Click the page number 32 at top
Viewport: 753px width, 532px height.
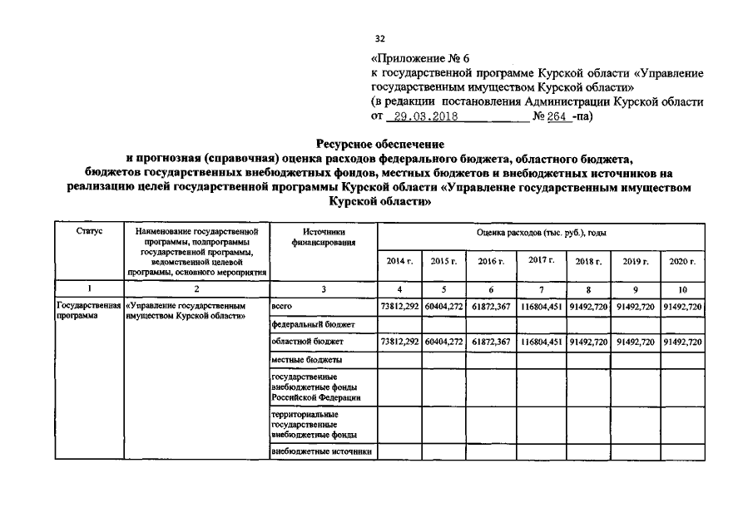coord(379,38)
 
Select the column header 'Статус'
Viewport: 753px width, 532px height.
coord(87,232)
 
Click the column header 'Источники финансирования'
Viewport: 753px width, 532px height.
coord(324,237)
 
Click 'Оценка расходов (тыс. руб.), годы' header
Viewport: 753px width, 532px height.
coord(541,233)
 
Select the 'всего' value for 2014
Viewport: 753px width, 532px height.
coord(399,307)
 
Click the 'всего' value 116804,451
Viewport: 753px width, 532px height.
coord(541,307)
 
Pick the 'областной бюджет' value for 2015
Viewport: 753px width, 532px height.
coord(443,342)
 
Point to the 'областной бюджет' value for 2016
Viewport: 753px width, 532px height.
coord(491,342)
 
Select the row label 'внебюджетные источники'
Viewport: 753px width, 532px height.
coord(320,452)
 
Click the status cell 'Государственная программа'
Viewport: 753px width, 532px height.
coord(87,311)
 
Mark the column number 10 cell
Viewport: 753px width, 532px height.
coord(682,288)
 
